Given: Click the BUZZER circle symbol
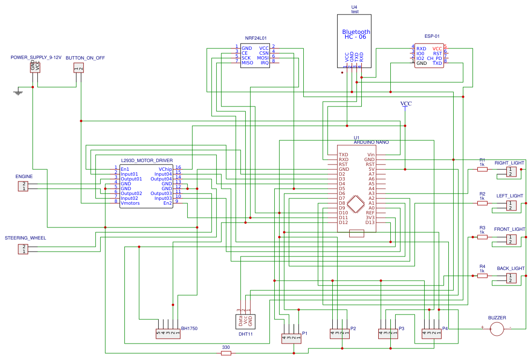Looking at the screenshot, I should point(496,329).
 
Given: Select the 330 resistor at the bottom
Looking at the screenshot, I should point(226,353).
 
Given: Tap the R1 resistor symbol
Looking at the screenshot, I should point(482,169).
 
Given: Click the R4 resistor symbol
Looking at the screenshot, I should point(482,276).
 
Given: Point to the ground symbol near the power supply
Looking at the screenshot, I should point(18,92).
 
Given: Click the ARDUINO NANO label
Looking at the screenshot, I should point(371,142).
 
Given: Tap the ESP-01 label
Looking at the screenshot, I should point(432,36).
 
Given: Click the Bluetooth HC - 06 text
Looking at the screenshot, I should point(356,34).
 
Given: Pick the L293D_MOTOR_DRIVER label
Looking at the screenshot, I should point(147,161).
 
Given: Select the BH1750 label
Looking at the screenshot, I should point(189,329).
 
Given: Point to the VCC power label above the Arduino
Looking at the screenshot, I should point(406,104).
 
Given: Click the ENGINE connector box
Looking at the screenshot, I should point(23,186).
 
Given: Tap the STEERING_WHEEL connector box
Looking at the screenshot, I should point(23,249).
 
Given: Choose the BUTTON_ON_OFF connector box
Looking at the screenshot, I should point(78,68).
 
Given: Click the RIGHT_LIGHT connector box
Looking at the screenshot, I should point(511,172).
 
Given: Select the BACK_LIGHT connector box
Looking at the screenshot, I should point(511,278).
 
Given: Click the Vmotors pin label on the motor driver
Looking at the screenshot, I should point(130,203).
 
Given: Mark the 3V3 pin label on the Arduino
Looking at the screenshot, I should point(370,218).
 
